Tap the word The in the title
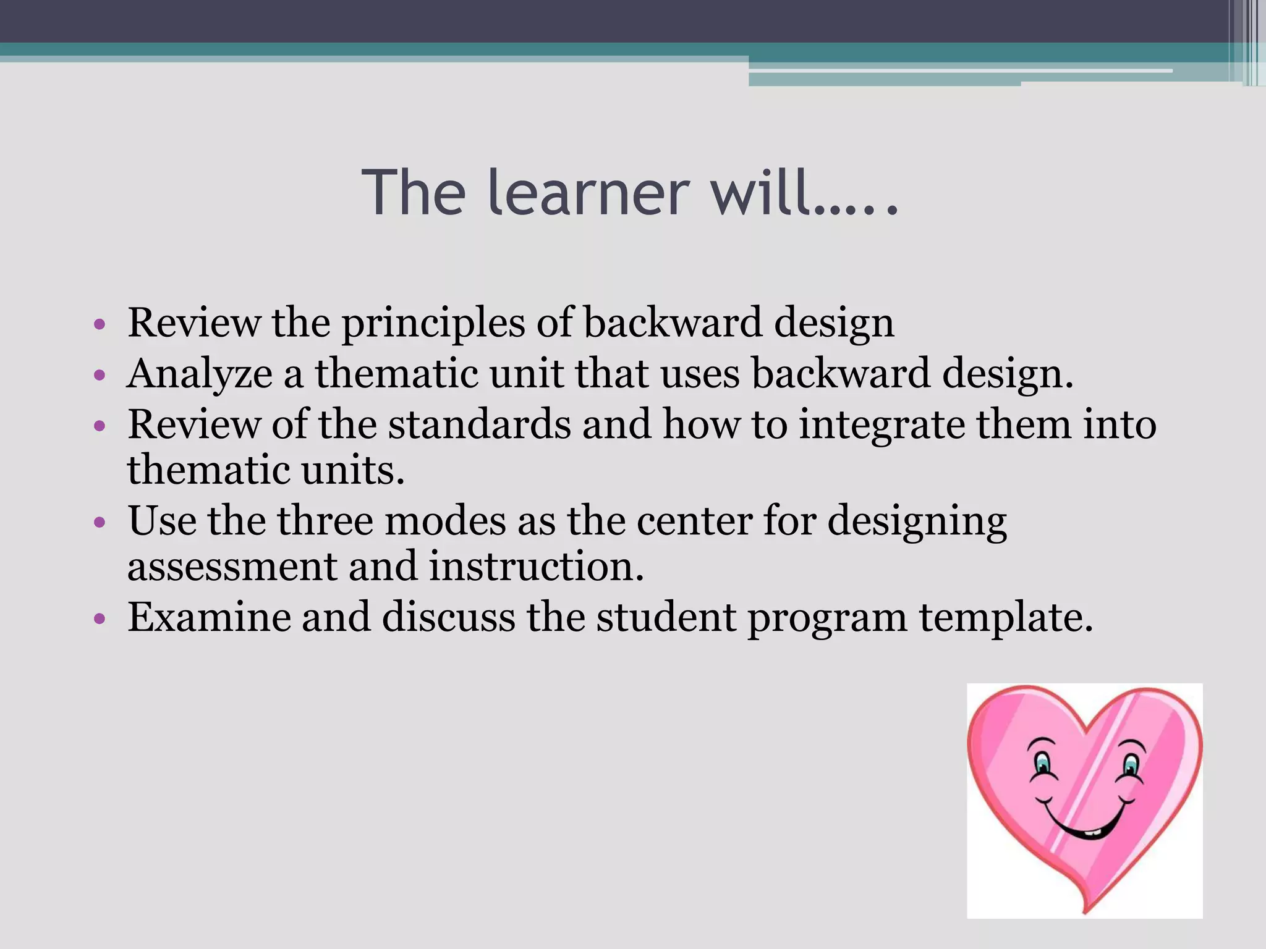pos(413,193)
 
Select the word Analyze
pos(200,374)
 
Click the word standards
pos(480,425)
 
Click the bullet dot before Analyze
pos(100,375)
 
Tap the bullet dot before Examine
pos(100,618)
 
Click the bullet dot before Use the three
pos(100,522)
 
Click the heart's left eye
pos(1043,762)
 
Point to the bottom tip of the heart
pos(1086,911)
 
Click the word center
pos(694,521)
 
